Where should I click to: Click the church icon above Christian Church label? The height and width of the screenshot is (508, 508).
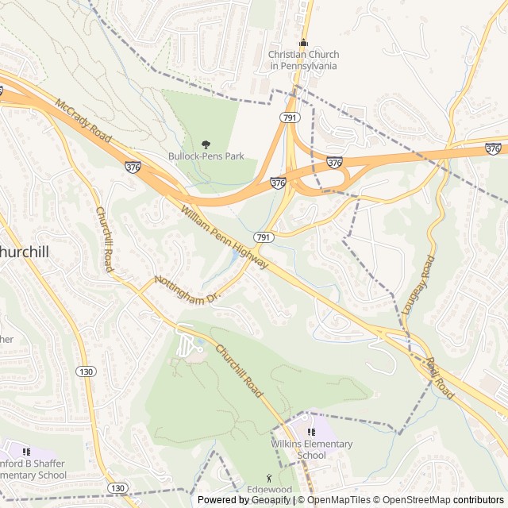pos(302,43)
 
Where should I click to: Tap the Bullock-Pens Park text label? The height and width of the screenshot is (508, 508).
pos(206,156)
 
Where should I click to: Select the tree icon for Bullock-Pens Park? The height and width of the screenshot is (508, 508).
pos(206,144)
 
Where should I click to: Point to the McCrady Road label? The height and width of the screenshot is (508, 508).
pos(84,124)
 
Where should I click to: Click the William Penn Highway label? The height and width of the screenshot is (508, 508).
pos(225,237)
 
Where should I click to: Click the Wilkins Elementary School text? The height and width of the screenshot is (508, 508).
pos(311,449)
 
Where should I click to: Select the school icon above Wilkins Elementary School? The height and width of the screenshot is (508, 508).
pos(311,432)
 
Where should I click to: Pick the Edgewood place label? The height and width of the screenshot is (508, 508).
pos(268,490)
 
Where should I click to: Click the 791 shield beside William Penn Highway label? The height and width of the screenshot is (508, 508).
pos(264,237)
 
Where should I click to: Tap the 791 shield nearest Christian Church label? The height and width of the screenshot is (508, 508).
pos(288,117)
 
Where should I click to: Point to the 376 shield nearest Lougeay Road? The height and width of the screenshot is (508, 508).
pos(493,148)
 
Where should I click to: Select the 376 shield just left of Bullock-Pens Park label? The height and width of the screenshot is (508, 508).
pos(133,166)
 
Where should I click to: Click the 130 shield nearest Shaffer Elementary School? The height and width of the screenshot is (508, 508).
pos(118,487)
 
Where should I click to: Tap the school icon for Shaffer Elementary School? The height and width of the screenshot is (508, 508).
pos(28,452)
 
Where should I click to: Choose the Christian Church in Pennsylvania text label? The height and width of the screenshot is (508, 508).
pos(303,60)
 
